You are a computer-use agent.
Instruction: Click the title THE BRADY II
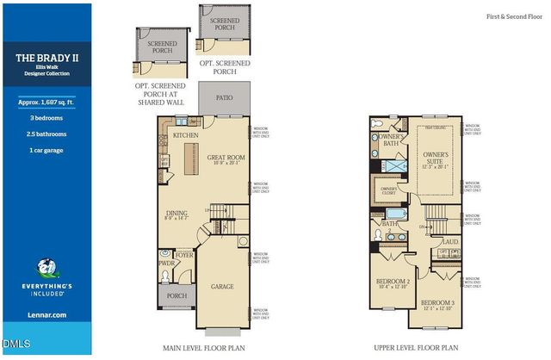pos(46,59)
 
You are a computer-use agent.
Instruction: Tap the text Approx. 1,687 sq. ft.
pos(46,101)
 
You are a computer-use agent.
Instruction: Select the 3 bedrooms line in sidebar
pos(46,118)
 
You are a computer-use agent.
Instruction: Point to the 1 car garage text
pos(46,150)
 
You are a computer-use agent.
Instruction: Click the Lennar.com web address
pos(46,315)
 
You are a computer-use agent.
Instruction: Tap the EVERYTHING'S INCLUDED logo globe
pos(46,269)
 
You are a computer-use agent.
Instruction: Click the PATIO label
pos(225,97)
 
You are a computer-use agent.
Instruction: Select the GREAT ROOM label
pos(226,158)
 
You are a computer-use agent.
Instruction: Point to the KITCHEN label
pos(186,135)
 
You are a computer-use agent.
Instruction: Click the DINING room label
pos(177,214)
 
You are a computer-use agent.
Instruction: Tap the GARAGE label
pos(226,285)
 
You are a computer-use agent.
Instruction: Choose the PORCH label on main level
pos(176,295)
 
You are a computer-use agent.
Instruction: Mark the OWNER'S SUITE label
pos(437,158)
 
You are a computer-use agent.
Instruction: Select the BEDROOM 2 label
pos(393,282)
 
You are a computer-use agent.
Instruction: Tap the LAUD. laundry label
pos(449,242)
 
